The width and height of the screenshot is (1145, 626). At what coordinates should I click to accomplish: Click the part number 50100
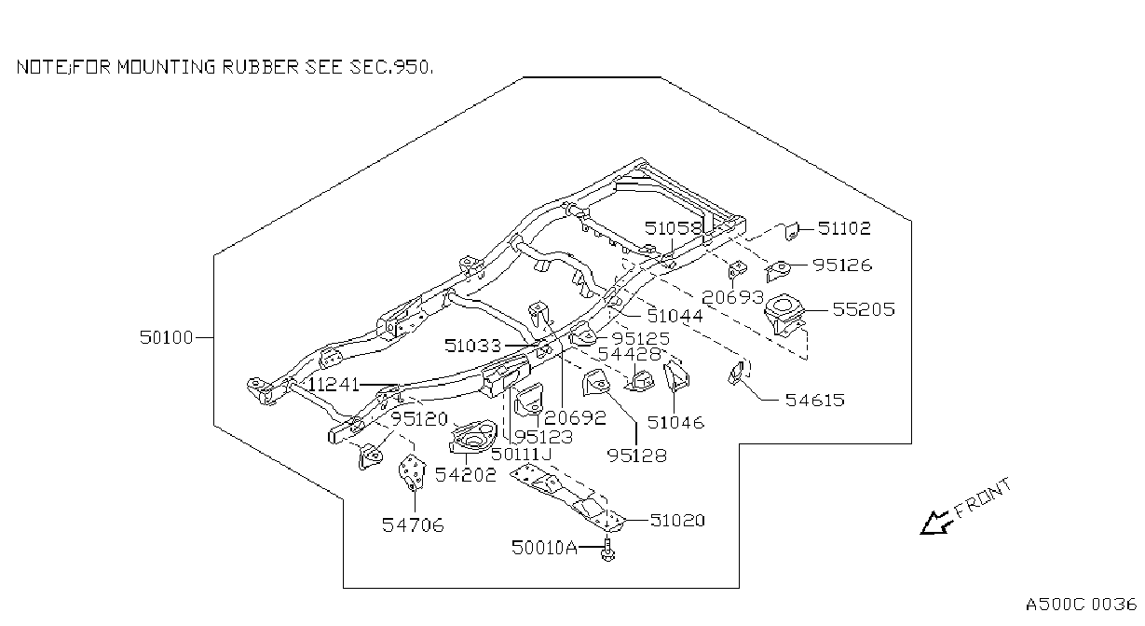[x=167, y=338]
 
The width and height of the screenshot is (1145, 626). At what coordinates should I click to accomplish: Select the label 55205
[x=864, y=309]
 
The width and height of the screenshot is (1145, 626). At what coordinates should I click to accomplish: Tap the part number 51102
[x=844, y=228]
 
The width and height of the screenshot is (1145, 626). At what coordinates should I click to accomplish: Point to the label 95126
[x=842, y=265]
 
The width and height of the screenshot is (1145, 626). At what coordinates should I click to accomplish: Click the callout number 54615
[x=815, y=400]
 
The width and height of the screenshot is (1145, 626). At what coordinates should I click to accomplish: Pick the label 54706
[x=413, y=524]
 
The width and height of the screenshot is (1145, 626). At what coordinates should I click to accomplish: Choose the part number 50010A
[x=544, y=548]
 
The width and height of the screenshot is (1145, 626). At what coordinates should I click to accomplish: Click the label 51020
[x=677, y=520]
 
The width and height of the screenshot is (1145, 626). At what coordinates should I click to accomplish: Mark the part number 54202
[x=466, y=475]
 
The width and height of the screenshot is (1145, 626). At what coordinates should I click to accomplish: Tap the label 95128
[x=637, y=456]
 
